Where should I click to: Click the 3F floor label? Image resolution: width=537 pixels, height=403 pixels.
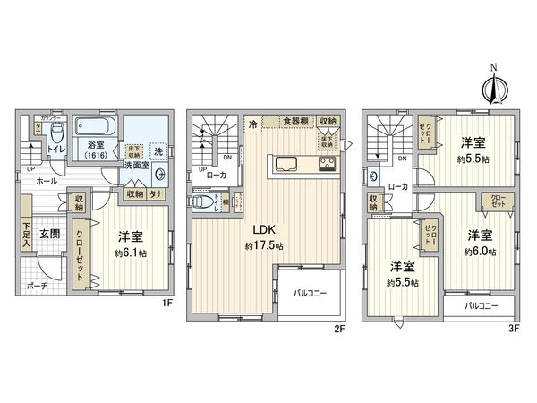[514, 327]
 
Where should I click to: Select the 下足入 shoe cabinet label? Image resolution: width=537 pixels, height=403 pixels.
[28, 236]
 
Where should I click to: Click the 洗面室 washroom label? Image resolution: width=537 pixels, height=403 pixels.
[135, 165]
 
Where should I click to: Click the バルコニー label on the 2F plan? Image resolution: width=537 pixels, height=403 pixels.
[310, 293]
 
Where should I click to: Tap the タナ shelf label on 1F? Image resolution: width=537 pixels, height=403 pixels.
[156, 192]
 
